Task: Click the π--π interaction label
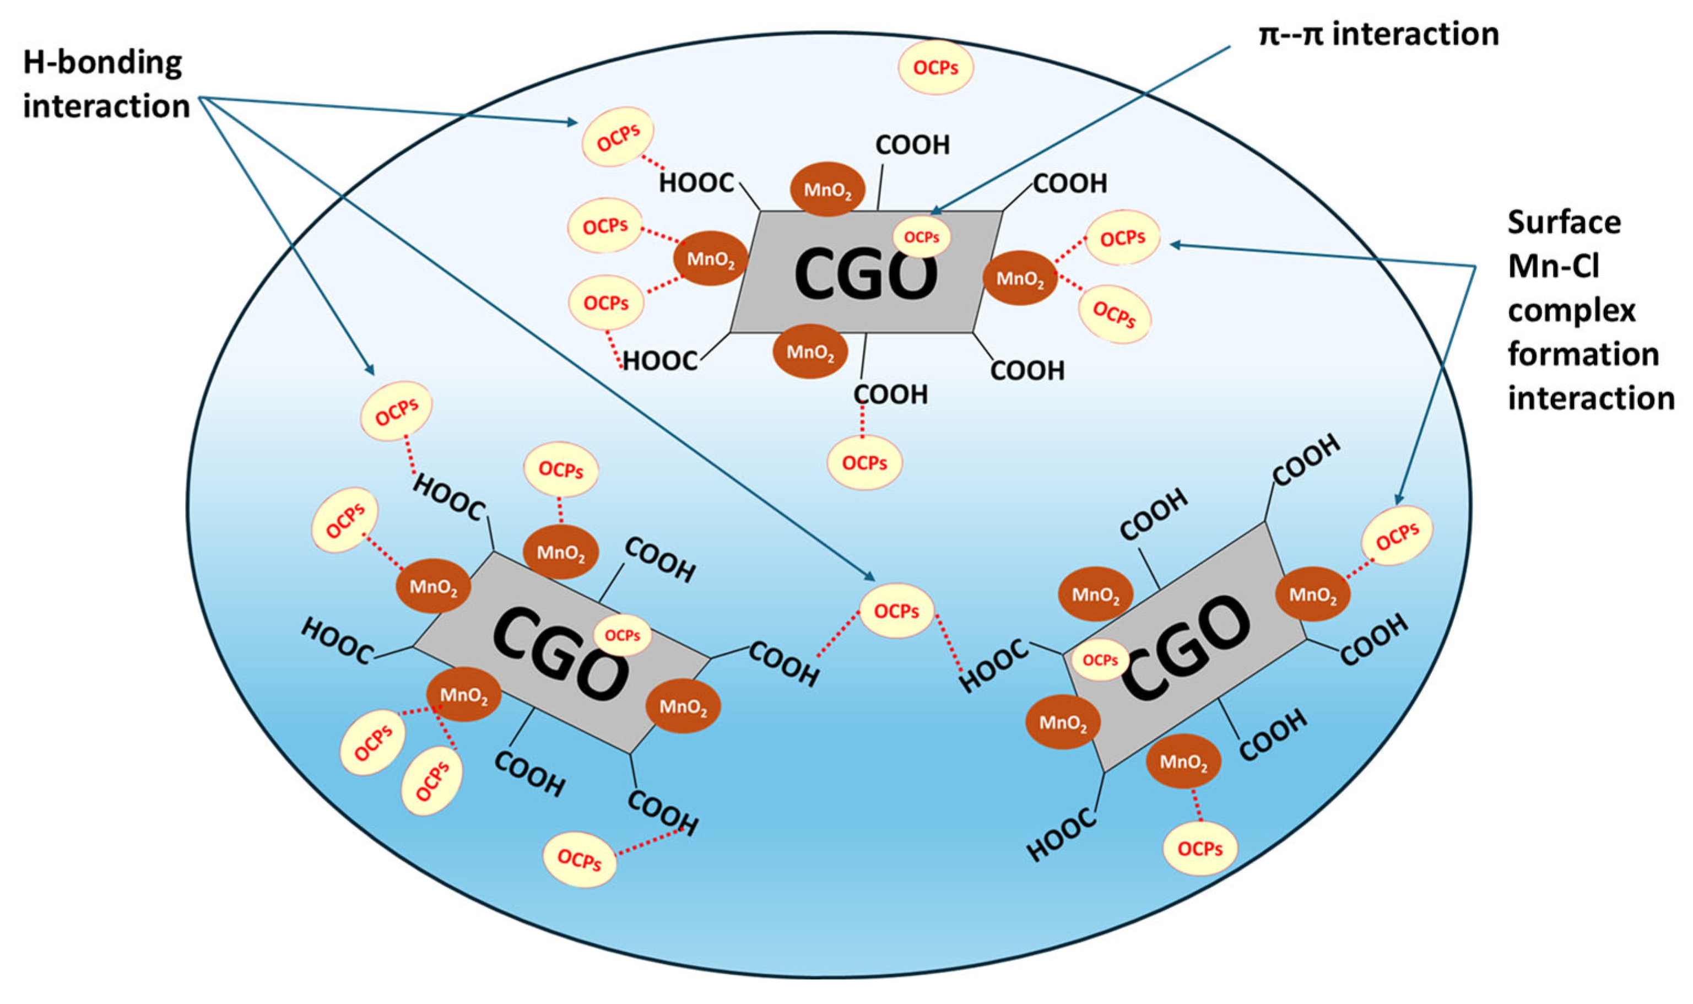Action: pyautogui.click(x=1378, y=34)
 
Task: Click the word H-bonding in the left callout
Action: pyautogui.click(x=103, y=63)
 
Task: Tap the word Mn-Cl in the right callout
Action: pyautogui.click(x=1553, y=266)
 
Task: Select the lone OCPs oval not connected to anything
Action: pyautogui.click(x=935, y=67)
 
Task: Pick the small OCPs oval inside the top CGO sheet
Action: pyautogui.click(x=921, y=237)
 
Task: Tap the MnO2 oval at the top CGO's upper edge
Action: pyautogui.click(x=827, y=190)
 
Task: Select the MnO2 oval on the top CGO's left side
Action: pyautogui.click(x=710, y=258)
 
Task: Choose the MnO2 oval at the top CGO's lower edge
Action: pyautogui.click(x=810, y=351)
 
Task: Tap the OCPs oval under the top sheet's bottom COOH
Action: pyautogui.click(x=864, y=463)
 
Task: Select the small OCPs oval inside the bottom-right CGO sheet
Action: pyautogui.click(x=1100, y=660)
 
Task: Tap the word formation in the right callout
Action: pyautogui.click(x=1583, y=354)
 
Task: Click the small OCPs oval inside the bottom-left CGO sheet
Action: pyautogui.click(x=621, y=635)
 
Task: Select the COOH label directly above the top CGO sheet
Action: pyautogui.click(x=912, y=145)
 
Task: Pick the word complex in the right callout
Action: pyautogui.click(x=1571, y=311)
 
